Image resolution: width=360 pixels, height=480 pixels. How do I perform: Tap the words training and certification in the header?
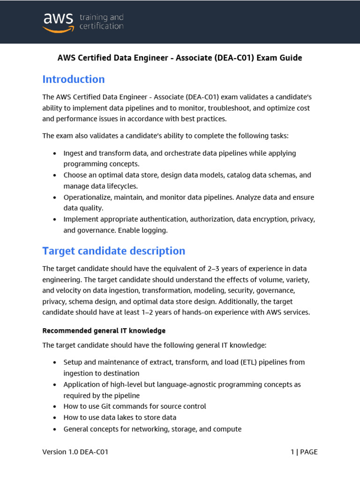(x=101, y=22)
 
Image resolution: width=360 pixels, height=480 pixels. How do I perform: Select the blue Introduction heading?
(x=74, y=79)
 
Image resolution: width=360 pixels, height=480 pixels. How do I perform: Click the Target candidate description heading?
(x=114, y=251)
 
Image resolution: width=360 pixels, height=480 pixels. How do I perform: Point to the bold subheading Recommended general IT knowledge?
(x=104, y=330)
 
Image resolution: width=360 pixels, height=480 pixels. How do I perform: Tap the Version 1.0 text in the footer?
(x=61, y=452)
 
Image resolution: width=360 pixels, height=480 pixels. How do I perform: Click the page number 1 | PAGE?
(x=304, y=452)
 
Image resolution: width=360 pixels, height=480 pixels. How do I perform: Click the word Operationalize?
(x=87, y=197)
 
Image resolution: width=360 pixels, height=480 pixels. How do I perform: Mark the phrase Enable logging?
(x=143, y=230)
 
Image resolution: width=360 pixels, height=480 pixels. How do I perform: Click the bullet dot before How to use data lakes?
(x=55, y=418)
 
